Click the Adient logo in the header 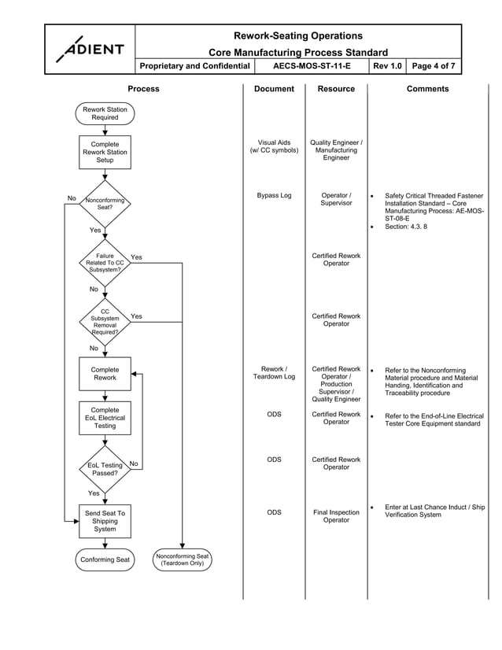pyautogui.click(x=90, y=49)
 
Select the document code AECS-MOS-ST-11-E pyautogui.click(x=312, y=66)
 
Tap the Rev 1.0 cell pyautogui.click(x=386, y=66)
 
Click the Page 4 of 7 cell pyautogui.click(x=433, y=66)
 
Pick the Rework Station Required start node pyautogui.click(x=105, y=113)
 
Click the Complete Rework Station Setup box pyautogui.click(x=105, y=152)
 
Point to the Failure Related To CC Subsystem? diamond pyautogui.click(x=105, y=263)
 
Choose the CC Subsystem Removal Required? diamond pyautogui.click(x=105, y=321)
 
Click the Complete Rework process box pyautogui.click(x=105, y=374)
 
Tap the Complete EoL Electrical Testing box pyautogui.click(x=105, y=418)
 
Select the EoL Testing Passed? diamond pyautogui.click(x=105, y=470)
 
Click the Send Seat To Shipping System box pyautogui.click(x=105, y=521)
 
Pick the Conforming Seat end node pyautogui.click(x=105, y=560)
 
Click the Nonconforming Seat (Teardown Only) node pyautogui.click(x=182, y=560)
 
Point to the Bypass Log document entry pyautogui.click(x=274, y=195)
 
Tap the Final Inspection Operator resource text pyautogui.click(x=336, y=516)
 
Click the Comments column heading pyautogui.click(x=427, y=89)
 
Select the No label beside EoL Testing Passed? pyautogui.click(x=134, y=464)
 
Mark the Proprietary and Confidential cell pyautogui.click(x=194, y=66)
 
